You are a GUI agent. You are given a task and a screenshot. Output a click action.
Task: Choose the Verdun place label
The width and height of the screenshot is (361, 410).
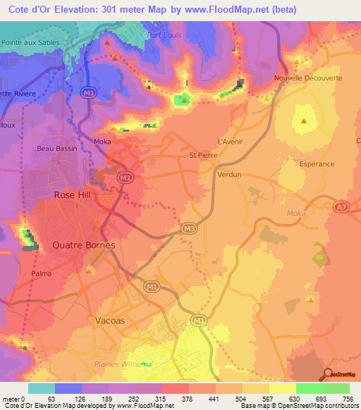point(229,173)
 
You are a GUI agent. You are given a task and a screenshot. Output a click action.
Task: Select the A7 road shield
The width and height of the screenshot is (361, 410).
point(341,206)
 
